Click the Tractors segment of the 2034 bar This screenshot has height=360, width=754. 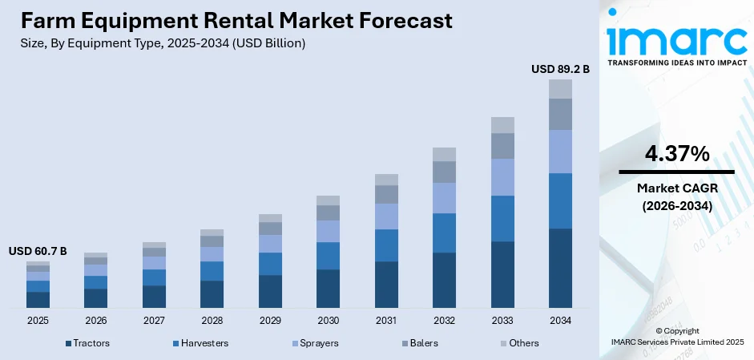(560, 268)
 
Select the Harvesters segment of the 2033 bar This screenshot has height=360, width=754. (502, 218)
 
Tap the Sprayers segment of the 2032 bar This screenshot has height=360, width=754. (444, 197)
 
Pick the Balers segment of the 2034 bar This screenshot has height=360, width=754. (560, 114)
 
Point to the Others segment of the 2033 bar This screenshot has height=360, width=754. (502, 124)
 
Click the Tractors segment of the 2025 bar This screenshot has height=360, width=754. (38, 300)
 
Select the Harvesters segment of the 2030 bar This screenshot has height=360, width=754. (328, 256)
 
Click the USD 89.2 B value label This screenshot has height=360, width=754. (560, 70)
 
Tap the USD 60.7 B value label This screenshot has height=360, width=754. (38, 252)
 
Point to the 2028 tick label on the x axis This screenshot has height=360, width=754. (212, 320)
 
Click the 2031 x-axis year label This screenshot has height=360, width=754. (385, 320)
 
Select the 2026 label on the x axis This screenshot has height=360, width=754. (95, 320)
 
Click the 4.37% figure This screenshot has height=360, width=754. (676, 154)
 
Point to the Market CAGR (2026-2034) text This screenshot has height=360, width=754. (676, 196)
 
